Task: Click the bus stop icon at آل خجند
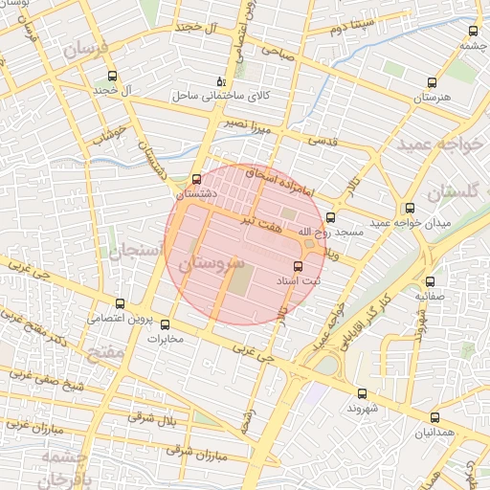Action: coord(113,77)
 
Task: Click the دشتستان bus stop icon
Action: coord(197,179)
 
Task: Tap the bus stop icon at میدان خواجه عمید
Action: coord(410,209)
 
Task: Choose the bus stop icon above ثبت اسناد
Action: coord(296,267)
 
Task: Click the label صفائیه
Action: coord(433,297)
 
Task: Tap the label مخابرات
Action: coord(164,338)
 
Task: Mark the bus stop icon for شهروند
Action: coord(361,393)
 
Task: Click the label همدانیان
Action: coord(434,432)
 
